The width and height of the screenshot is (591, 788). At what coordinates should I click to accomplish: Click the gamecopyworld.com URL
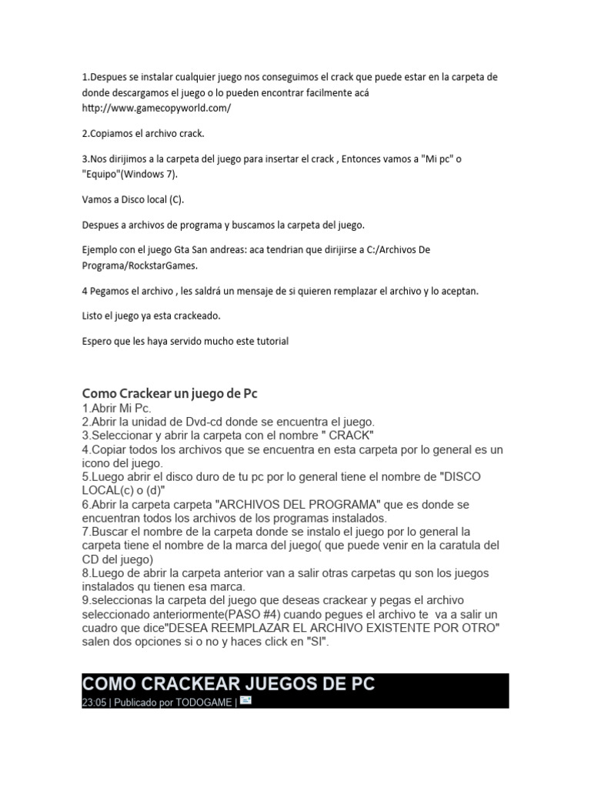pos(156,108)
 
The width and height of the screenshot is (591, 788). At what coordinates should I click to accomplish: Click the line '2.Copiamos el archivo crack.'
pos(143,133)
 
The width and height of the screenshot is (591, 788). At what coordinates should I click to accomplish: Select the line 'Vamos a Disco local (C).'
pos(133,199)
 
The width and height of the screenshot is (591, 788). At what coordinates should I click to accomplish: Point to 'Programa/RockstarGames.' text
pos(139,265)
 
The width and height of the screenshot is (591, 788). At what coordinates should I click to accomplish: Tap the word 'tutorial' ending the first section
pos(269,341)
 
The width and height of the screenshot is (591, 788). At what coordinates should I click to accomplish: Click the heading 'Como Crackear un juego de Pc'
pos(169,393)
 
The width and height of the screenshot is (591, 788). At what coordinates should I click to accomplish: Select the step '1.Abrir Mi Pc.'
pos(117,408)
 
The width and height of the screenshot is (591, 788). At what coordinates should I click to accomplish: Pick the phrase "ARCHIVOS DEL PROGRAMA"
pos(301,504)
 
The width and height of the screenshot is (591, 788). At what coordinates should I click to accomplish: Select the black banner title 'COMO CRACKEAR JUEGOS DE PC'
pos(229,683)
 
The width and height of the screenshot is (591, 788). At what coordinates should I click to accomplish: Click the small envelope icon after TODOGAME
pos(245,700)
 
